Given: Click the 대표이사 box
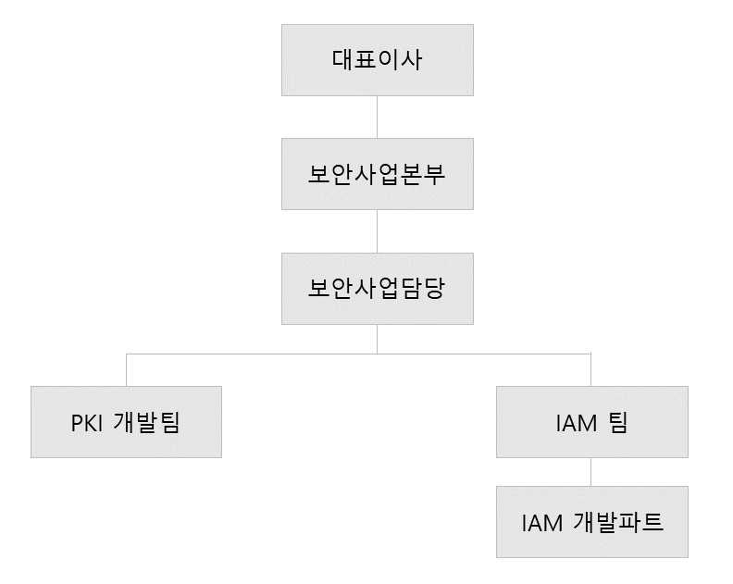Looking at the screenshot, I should tap(377, 60).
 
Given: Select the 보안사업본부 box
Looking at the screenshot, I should tap(377, 174).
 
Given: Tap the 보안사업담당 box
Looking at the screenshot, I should tap(377, 289).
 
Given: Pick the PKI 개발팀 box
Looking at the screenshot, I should tap(126, 422).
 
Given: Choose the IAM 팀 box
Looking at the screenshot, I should tap(591, 422).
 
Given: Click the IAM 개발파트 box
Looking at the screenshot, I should tap(591, 522).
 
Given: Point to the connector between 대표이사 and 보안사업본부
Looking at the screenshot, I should tap(377, 117).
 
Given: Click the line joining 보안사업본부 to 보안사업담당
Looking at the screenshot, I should tap(377, 231).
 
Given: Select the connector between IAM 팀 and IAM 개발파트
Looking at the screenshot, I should tap(591, 472).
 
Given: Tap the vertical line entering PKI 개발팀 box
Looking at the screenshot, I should tap(126, 370).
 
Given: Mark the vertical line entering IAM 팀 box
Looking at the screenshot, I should tap(591, 370).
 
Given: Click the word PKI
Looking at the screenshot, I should tap(87, 423).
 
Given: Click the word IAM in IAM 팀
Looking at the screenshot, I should tap(576, 423).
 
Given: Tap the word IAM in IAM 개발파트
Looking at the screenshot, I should tap(542, 523).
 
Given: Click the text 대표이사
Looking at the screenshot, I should tap(377, 60).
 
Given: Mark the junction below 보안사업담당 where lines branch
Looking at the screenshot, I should tap(377, 354).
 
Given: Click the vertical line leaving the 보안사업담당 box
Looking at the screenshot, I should tap(377, 339).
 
